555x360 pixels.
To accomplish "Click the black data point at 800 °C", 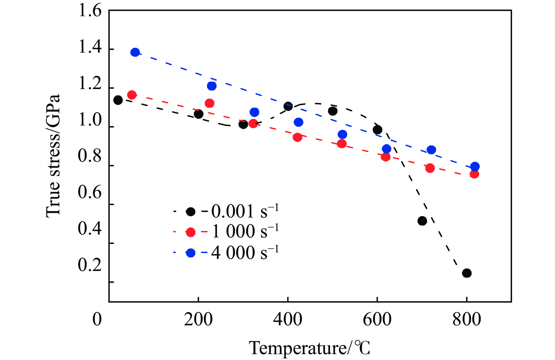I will [x=467, y=273].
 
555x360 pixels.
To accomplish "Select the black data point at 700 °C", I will [x=422, y=221].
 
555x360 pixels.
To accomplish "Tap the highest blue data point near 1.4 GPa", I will [x=135, y=52].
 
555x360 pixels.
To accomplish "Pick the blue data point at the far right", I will [x=475, y=167].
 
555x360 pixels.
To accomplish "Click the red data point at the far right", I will [x=474, y=174].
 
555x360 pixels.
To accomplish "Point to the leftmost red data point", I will [x=132, y=95].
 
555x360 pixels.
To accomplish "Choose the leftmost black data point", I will [x=118, y=100].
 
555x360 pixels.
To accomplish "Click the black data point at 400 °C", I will [x=288, y=106].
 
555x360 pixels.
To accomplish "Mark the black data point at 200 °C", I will [x=199, y=114].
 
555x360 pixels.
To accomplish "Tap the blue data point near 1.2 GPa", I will [x=212, y=86].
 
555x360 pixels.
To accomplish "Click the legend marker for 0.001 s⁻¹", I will [x=191, y=212].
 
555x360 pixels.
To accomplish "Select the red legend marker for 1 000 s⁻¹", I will [x=191, y=232].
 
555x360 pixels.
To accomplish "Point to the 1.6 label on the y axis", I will [x=90, y=11].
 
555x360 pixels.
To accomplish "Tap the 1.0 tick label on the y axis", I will [x=90, y=120].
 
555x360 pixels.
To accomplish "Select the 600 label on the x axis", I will [x=377, y=319].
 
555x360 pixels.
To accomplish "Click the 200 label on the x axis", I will [x=198, y=319].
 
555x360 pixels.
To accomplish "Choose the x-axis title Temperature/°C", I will [x=310, y=348].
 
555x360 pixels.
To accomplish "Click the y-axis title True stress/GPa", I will [x=53, y=156].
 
